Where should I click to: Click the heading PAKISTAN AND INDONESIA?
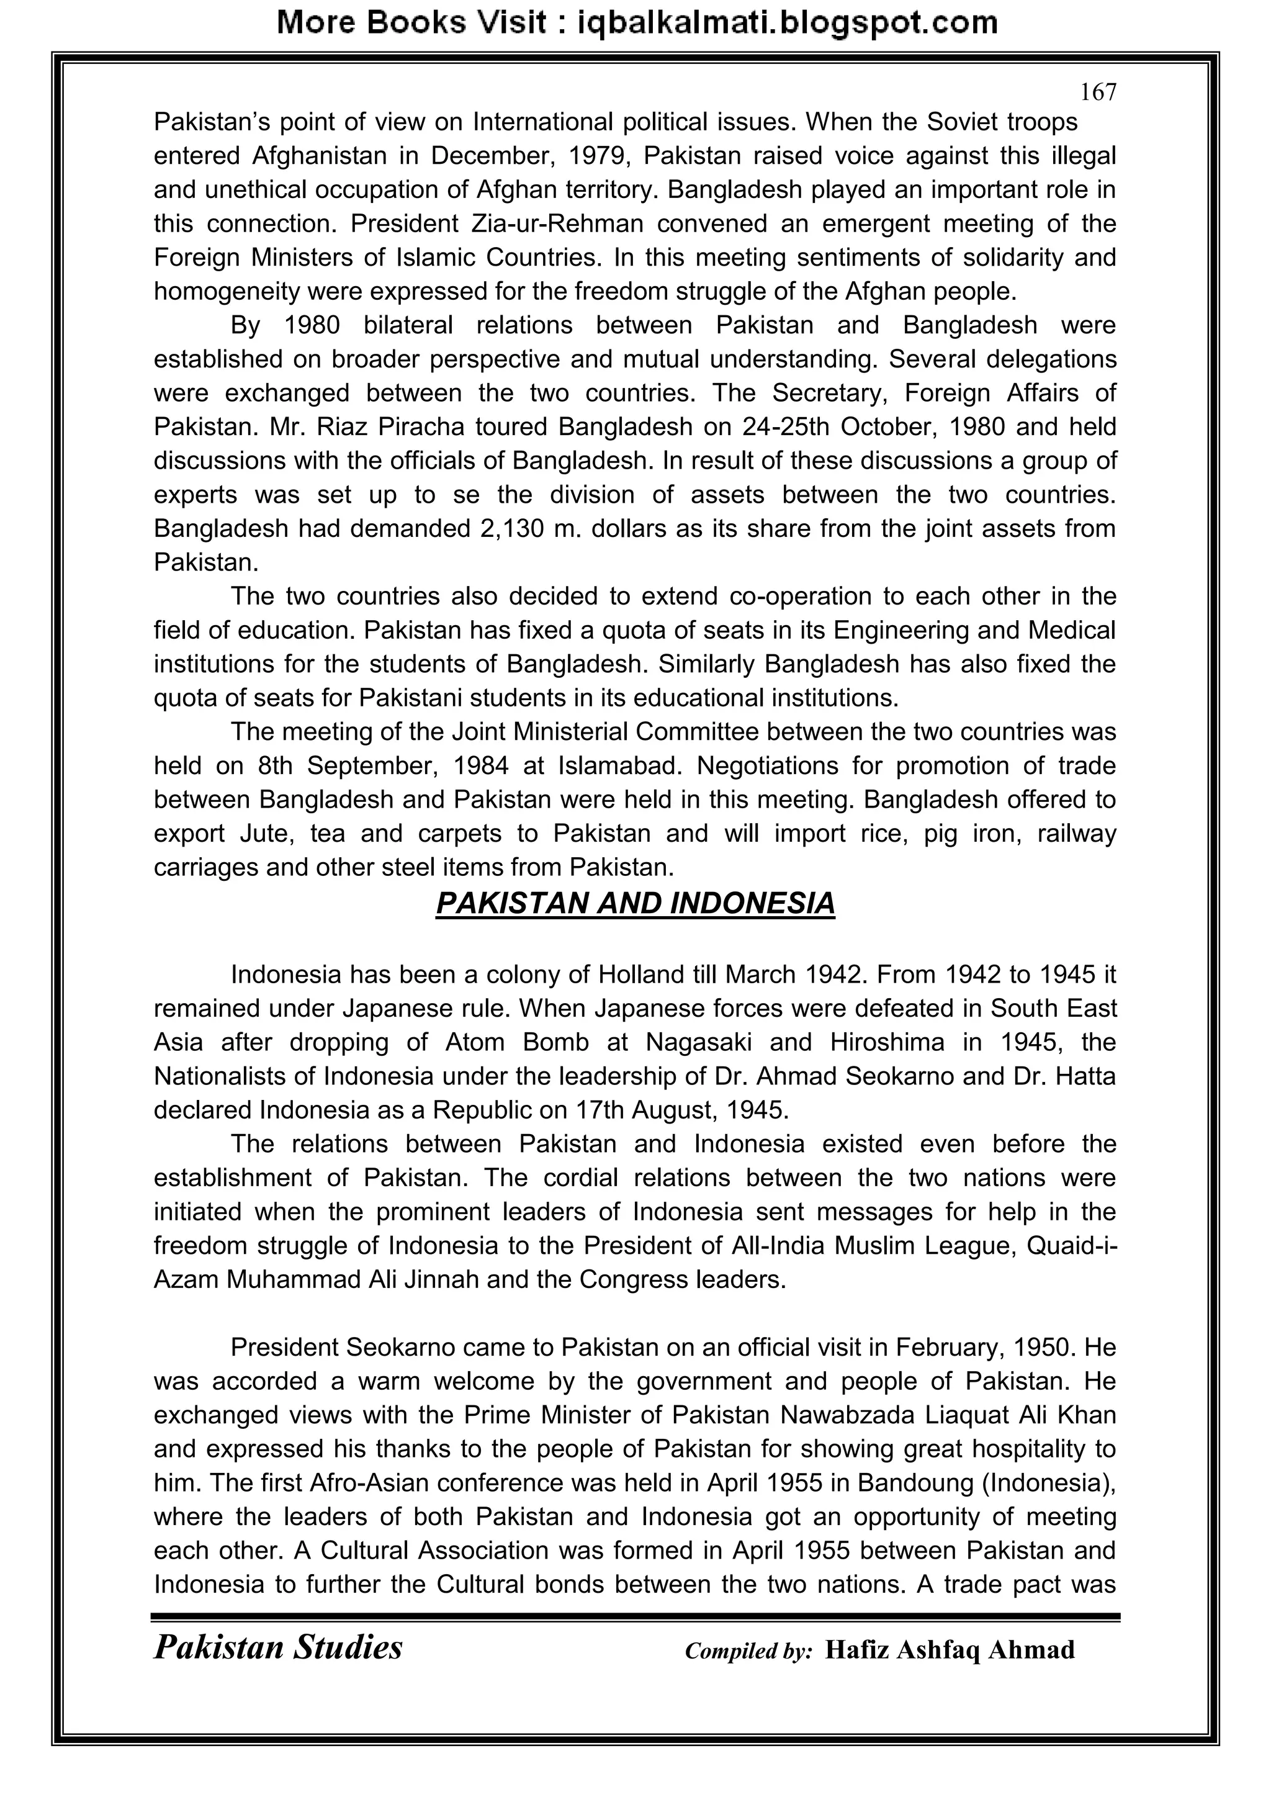[635, 903]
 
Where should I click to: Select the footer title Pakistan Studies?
[278, 1647]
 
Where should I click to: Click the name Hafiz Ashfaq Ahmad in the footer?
[950, 1650]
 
